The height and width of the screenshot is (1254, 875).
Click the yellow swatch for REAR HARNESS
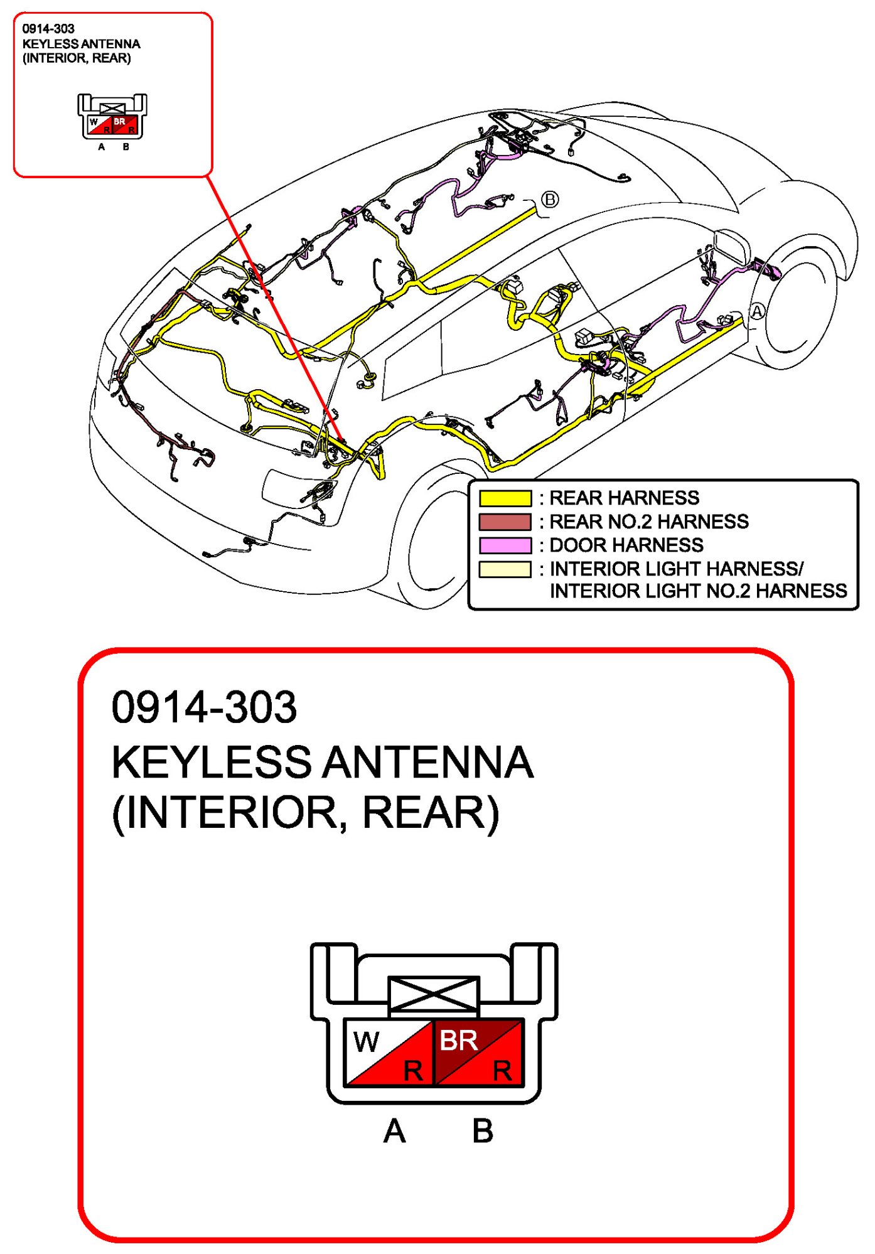[505, 498]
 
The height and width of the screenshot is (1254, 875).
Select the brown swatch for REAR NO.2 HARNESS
[505, 522]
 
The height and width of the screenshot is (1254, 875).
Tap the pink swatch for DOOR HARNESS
[505, 545]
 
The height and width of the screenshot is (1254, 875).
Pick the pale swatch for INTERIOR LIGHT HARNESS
[505, 569]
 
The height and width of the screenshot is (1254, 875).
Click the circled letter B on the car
[549, 200]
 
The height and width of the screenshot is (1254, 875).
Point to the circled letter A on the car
[758, 311]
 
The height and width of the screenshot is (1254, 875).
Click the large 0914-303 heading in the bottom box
[204, 707]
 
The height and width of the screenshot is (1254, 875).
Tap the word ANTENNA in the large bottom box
[428, 762]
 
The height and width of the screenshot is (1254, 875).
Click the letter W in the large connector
[366, 1042]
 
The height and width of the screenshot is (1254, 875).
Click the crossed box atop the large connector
[434, 994]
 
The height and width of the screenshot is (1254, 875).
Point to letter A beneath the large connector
[395, 1132]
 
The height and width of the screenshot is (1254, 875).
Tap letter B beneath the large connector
[483, 1132]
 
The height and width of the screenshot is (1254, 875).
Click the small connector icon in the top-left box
[112, 117]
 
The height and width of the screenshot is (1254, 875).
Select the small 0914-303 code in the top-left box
[48, 29]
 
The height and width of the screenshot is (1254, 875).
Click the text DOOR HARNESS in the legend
[626, 545]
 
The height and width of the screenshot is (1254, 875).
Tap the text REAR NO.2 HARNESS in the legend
[649, 522]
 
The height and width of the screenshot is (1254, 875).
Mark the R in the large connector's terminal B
[502, 1071]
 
